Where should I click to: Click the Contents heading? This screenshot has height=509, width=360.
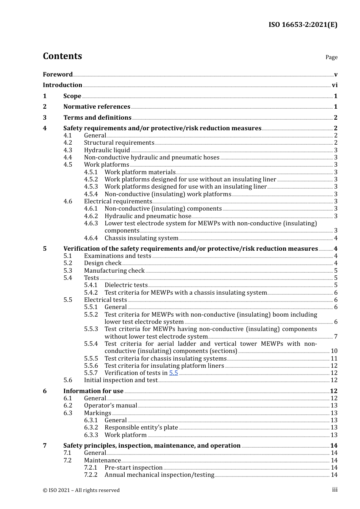62,56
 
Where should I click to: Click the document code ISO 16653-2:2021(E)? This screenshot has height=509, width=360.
303,25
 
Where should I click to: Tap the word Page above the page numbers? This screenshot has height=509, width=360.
331,57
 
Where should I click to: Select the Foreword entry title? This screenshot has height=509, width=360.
58,75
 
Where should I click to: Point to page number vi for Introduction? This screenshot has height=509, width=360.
335,85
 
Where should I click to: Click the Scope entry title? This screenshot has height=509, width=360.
72,96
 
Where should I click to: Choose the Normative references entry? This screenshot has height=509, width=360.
97,107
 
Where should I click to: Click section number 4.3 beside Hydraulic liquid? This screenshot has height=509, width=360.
67,150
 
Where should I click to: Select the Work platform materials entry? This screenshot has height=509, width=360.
140,172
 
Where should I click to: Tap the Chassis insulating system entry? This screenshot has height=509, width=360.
141,238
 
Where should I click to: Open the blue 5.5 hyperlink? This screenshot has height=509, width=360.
174,373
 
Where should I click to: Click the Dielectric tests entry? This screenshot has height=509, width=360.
126,285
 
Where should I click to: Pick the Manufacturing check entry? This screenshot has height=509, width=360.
114,271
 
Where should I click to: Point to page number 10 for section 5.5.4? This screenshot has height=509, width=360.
334,351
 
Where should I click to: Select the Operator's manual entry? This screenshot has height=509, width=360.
110,406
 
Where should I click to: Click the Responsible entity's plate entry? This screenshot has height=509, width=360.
141,428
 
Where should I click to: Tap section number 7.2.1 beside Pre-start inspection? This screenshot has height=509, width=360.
91,468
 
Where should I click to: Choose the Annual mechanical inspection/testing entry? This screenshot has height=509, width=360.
159,475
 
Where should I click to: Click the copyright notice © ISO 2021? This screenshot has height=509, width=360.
81,490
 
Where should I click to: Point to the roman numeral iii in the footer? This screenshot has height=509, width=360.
335,490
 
